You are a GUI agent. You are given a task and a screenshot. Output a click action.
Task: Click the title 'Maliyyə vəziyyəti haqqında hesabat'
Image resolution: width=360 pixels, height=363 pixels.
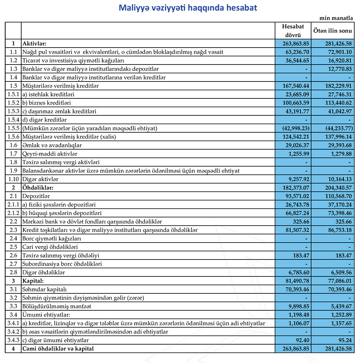(188, 8)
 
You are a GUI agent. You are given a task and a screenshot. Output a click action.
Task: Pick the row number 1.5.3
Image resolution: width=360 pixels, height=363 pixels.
(13, 111)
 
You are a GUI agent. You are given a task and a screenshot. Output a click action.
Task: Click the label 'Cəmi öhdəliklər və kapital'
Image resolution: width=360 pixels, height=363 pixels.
(58, 349)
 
